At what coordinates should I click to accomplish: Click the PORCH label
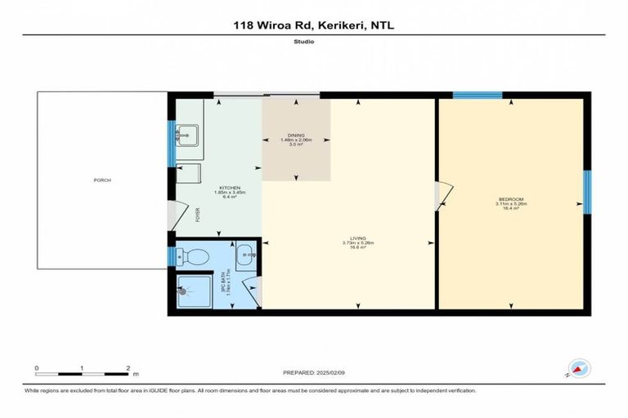click(102, 180)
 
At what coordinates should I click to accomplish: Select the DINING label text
click(295, 135)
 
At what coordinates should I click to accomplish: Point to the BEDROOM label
click(513, 199)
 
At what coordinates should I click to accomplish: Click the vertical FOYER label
click(197, 216)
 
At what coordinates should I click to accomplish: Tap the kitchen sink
click(189, 134)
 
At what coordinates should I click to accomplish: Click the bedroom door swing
click(443, 195)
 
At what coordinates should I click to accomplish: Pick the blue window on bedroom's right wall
click(587, 192)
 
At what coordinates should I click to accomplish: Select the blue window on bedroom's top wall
click(477, 96)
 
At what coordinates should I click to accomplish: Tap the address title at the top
click(314, 25)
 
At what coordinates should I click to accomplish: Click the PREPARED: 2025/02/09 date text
click(315, 372)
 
